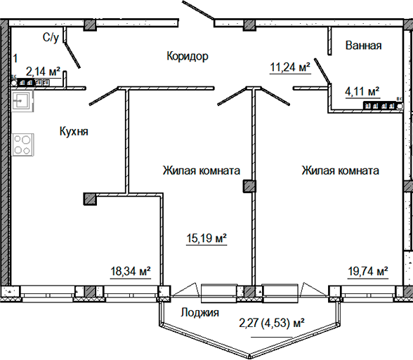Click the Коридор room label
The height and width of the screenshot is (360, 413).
tap(188, 56)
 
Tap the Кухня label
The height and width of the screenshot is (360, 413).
tap(74, 131)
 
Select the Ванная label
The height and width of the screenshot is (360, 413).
tap(363, 45)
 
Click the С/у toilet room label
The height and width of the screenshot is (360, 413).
tap(51, 37)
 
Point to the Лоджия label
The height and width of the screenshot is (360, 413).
tap(199, 313)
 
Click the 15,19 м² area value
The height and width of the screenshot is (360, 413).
tap(206, 239)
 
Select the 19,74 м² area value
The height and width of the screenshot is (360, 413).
tap(368, 271)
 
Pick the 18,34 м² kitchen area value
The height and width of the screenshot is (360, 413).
tap(131, 271)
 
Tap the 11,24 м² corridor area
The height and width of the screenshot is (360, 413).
tap(290, 67)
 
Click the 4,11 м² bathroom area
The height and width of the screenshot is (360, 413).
tap(362, 91)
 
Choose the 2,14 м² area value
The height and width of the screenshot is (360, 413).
tap(43, 71)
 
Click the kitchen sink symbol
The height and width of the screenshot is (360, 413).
tap(22, 101)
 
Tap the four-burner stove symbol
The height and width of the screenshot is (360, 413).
tap(22, 145)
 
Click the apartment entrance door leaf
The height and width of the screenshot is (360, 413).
tap(198, 10)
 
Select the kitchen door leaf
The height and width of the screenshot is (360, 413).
tap(103, 96)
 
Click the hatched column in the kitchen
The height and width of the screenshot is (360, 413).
tap(90, 199)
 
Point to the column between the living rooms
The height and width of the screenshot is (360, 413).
tap(249, 186)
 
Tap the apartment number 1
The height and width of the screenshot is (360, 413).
tap(15, 58)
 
